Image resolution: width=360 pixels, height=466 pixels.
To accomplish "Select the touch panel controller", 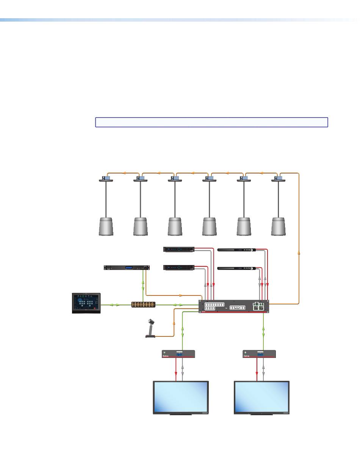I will point(86,303).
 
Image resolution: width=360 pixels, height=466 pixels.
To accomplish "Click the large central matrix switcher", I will point(234,307).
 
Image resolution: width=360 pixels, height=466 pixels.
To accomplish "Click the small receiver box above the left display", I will point(178,354).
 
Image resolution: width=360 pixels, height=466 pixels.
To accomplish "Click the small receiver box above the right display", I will point(259,354).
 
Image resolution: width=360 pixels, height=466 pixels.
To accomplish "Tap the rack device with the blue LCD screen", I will point(127,268).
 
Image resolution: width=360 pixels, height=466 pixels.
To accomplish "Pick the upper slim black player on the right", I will point(236,249).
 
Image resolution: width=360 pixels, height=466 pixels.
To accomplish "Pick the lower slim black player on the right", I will point(236,268).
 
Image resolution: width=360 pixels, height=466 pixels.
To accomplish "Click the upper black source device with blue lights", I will point(178,249).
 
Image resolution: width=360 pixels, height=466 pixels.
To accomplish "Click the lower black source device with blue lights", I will point(178,268).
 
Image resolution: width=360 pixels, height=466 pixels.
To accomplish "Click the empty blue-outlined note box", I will point(211,122).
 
